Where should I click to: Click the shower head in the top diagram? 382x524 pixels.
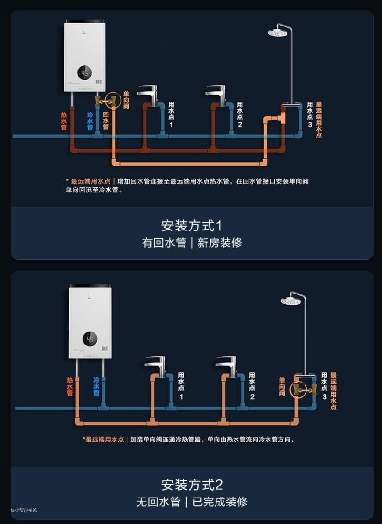point(280,32)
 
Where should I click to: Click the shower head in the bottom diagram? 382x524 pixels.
point(291,300)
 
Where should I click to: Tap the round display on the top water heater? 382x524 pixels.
point(85,73)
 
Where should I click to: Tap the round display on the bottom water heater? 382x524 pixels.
point(90,339)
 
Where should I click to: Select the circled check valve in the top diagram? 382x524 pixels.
point(112,100)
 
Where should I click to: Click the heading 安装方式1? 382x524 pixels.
point(191,226)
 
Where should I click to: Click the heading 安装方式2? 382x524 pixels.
point(191,485)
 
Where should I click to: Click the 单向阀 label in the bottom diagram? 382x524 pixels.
point(282,387)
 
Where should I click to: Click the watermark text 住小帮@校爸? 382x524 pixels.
point(24,510)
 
